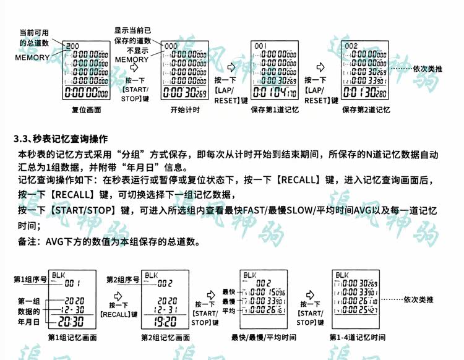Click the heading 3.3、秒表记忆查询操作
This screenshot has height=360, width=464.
(x=61, y=138)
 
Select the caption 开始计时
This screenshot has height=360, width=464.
(x=184, y=111)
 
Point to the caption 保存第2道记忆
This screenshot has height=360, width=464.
(x=366, y=111)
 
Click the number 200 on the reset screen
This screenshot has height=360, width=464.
(x=72, y=46)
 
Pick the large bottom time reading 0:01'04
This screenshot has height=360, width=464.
(x=273, y=93)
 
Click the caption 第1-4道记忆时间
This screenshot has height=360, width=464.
(x=358, y=338)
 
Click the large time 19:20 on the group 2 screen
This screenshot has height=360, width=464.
(x=165, y=321)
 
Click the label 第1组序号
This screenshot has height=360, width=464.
(x=30, y=280)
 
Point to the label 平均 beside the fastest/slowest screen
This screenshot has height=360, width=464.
(x=229, y=311)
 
